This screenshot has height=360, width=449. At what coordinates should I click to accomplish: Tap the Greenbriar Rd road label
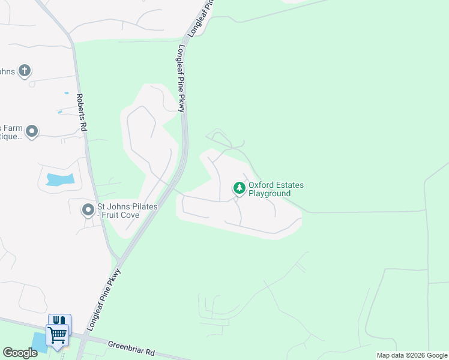tap(131, 347)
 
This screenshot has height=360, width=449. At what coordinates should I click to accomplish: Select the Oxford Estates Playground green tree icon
tap(240, 188)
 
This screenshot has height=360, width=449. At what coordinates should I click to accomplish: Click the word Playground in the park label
tap(270, 194)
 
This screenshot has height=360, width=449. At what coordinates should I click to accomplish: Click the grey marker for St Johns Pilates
tap(88, 210)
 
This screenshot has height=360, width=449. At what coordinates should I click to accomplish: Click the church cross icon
tap(25, 71)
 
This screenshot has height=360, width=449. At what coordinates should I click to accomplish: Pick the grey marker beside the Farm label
tap(32, 131)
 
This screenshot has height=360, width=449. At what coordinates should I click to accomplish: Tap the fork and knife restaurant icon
tap(59, 320)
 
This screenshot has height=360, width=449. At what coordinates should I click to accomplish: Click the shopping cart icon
tap(58, 335)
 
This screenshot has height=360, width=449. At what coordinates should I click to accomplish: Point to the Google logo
tap(19, 353)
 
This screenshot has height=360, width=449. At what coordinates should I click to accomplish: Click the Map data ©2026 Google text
tap(412, 355)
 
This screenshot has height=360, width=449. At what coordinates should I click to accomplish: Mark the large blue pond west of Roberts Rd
tap(59, 179)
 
